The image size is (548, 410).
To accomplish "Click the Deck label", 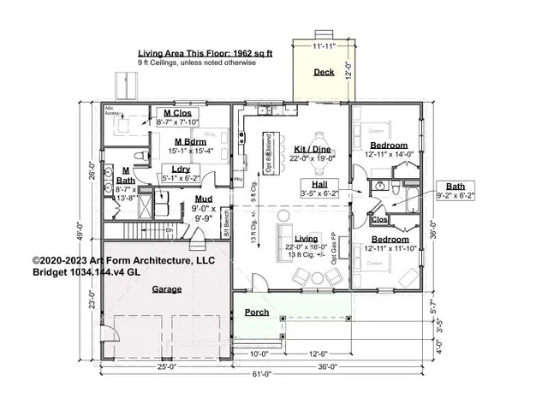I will pos(324,73).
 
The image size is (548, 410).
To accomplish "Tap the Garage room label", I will pos(167,289).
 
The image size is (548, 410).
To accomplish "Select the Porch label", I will pos(257,312).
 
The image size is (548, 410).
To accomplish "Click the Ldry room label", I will pos(181,169).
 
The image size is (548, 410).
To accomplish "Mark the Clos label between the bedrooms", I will pos(379,220).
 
